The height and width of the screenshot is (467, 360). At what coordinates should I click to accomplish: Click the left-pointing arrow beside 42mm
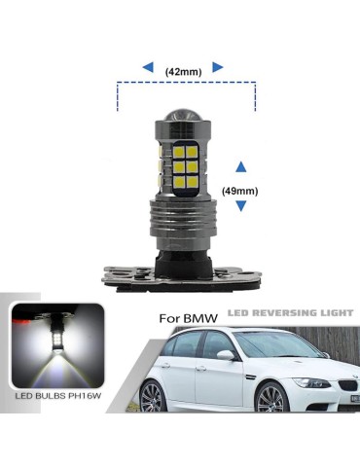click(147, 67)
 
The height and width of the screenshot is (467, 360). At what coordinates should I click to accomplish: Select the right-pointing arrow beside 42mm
click(218, 67)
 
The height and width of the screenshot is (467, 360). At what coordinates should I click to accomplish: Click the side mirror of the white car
click(226, 356)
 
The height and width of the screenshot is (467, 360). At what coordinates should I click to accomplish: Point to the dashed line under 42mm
click(186, 84)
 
